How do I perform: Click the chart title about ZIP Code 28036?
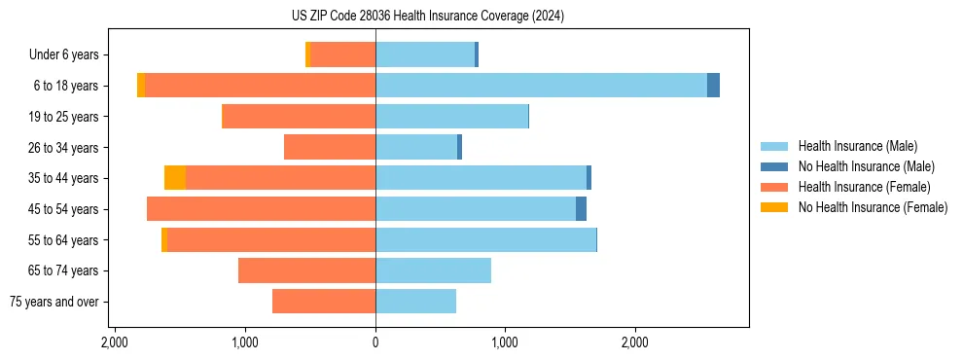point(428,17)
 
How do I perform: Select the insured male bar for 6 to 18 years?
point(541,86)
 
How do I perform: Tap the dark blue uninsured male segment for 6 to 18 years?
point(713,86)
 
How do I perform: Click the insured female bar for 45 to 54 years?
point(261,209)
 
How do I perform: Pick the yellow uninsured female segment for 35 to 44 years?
point(175,178)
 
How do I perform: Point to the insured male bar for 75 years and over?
point(415,302)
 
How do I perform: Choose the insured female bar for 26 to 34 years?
point(330,147)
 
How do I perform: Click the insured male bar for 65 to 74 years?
point(433,270)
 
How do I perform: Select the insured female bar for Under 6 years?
point(342,54)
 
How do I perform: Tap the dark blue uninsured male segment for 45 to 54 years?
point(581,209)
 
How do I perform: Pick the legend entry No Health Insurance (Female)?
point(872,207)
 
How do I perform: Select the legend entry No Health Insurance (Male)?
point(866,166)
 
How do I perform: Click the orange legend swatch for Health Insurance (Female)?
point(774,187)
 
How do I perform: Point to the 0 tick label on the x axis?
point(375,342)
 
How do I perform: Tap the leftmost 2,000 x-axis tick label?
point(115,342)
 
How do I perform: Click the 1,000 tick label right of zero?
point(505,342)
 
